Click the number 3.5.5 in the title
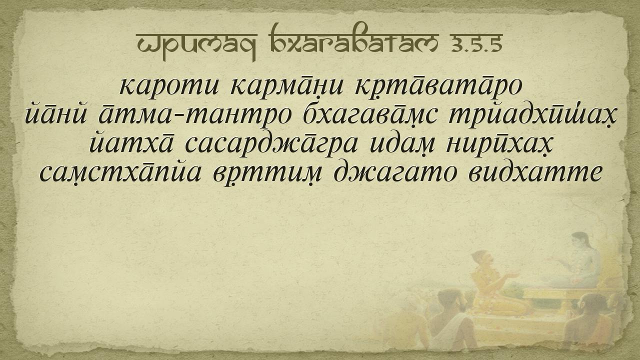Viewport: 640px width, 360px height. [477, 45]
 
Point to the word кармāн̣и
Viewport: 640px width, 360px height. [287, 87]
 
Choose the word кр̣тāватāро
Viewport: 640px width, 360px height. [438, 87]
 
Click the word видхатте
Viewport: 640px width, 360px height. [535, 172]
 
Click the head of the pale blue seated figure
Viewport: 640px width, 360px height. [580, 241]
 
